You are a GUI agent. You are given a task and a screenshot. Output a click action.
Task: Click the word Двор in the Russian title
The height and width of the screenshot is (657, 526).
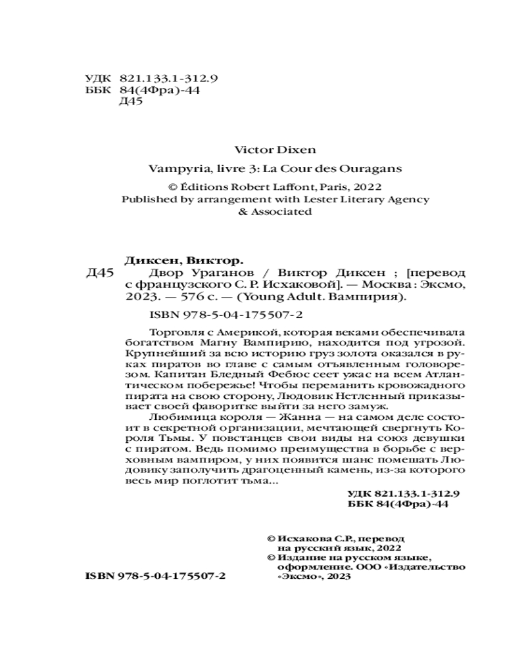point(149,272)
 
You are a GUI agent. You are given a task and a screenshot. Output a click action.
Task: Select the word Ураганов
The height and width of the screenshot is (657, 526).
point(197,272)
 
